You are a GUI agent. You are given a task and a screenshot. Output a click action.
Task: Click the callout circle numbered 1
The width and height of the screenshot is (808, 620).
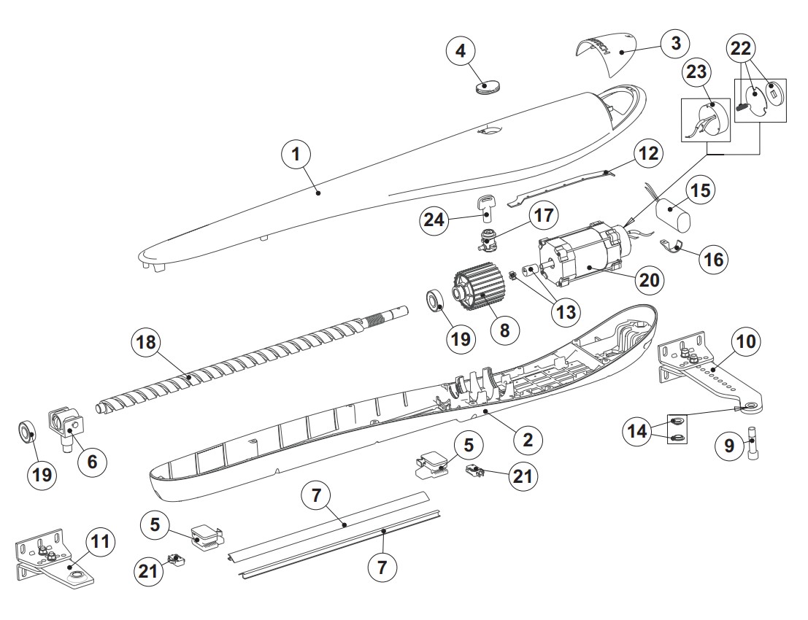pos(297,155)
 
